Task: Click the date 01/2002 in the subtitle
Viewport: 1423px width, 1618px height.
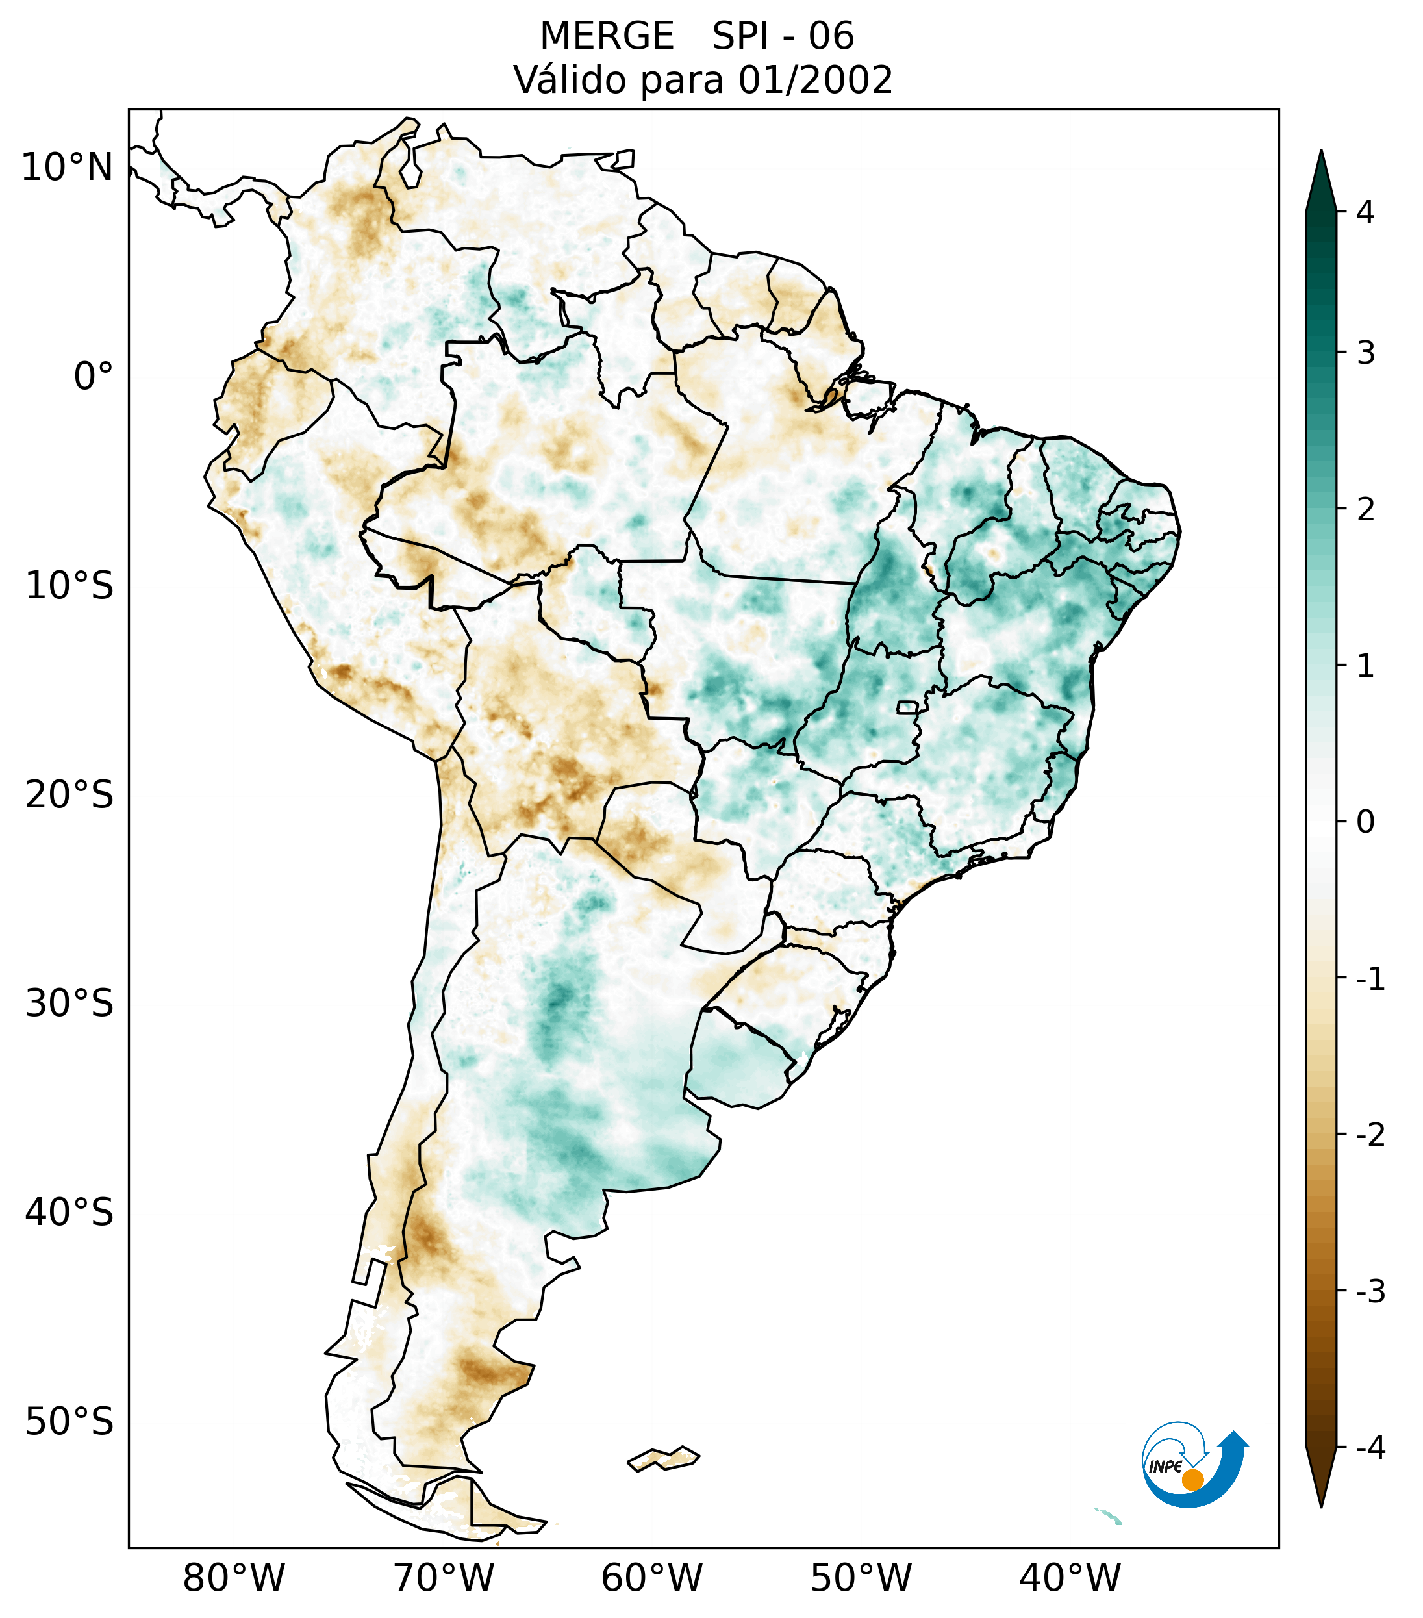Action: click(815, 80)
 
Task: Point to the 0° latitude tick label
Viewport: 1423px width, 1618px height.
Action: click(94, 377)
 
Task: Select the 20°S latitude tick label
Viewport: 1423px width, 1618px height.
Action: click(69, 795)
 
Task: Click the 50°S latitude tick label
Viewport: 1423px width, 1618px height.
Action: click(69, 1422)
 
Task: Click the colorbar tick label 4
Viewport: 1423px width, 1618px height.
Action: click(1365, 212)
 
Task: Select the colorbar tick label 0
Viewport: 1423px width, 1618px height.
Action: click(1365, 822)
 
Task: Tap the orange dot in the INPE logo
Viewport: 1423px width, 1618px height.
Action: click(1192, 1480)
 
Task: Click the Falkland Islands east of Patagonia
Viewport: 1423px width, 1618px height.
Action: click(663, 1458)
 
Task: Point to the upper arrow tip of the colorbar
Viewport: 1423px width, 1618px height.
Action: click(1320, 153)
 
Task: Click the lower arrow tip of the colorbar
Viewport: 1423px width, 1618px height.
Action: click(1320, 1504)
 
